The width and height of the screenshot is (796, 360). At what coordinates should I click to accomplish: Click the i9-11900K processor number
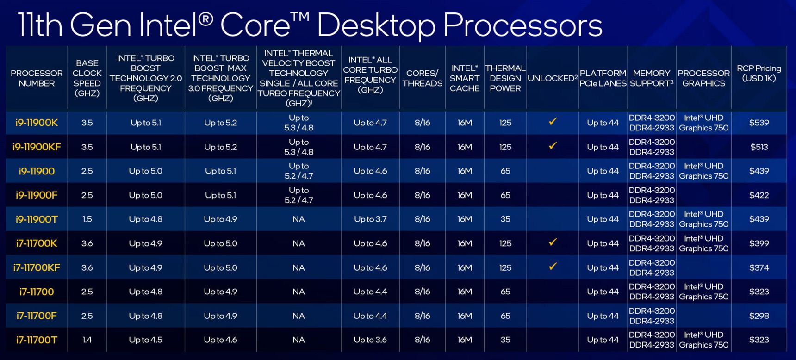pos(37,123)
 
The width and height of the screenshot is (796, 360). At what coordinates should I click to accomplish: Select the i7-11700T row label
pos(37,340)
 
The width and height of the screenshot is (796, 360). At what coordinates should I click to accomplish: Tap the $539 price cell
pos(759,123)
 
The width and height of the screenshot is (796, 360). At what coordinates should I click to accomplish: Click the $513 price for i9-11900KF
pos(759,147)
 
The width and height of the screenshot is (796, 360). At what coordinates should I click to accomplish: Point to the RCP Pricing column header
pos(759,73)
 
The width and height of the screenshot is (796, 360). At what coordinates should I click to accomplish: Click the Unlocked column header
pos(553,78)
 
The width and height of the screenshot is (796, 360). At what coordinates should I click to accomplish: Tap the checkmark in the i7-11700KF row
pos(553,267)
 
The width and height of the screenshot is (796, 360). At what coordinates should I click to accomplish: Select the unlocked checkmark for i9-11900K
pos(553,122)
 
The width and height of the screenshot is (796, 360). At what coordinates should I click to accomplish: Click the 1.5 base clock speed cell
pos(87,219)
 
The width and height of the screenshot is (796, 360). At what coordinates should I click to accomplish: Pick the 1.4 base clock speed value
pos(87,340)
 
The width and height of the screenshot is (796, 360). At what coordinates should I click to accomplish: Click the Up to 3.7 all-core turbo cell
pos(370,219)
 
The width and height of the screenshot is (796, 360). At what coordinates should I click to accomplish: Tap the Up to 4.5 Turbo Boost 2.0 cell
pos(145,340)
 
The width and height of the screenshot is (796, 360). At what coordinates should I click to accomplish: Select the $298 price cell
pos(759,316)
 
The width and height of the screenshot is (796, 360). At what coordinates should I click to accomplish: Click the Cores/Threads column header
pos(422,78)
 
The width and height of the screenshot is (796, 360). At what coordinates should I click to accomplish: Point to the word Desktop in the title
pos(376,25)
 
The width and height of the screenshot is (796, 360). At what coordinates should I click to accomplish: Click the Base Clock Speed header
pos(87,78)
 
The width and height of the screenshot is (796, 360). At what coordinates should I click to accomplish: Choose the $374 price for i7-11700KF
pos(759,268)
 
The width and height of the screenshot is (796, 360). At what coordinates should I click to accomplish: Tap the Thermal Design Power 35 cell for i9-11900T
pos(505,219)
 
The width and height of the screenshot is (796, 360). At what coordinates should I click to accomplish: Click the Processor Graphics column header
pos(703,78)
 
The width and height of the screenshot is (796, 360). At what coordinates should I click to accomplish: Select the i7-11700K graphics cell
pos(703,243)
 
